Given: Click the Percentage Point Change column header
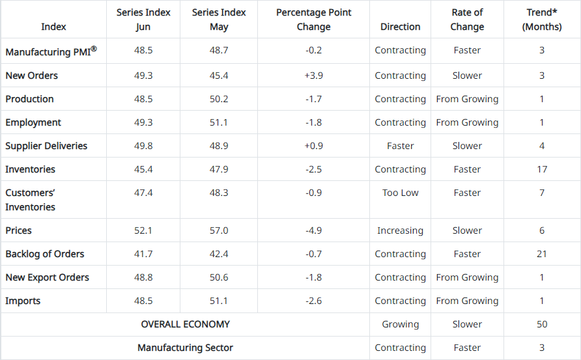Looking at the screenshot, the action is pos(313,20).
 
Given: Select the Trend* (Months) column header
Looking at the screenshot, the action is pos(542,20).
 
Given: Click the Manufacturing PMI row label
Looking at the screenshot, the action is pos(51,51).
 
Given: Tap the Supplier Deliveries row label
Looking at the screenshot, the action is pos(46,146).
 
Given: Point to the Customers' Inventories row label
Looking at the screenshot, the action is pos(31,200).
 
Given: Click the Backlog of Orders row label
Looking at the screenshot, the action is pos(45,254).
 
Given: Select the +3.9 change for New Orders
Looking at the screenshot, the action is pos(313,76).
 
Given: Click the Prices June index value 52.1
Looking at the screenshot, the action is pos(143,230).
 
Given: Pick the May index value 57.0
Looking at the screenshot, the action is pos(219,230).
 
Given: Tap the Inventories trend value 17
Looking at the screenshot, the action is pos(542,169).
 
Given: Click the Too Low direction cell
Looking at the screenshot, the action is pos(400,193).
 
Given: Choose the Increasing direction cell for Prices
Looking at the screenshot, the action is pos(400,230).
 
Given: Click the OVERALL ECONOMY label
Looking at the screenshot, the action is pos(185,324).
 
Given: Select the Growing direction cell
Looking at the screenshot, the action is pos(400,324).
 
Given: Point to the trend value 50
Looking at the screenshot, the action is pos(542,324).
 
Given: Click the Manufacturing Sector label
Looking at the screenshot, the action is pos(185,348).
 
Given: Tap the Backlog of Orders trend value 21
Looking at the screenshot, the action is pos(542,254).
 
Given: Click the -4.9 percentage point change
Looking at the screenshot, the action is pos(313,230).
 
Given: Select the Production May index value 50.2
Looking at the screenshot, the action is pos(219,99).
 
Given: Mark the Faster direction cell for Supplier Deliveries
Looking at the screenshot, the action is pos(400,146).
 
